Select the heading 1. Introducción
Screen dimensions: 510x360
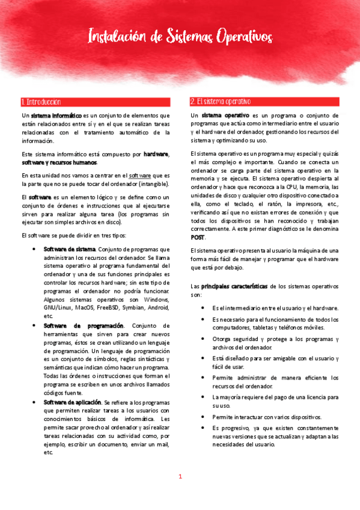(40, 102)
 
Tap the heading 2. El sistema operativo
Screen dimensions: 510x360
(221, 102)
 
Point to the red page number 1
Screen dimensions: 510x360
(180, 477)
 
